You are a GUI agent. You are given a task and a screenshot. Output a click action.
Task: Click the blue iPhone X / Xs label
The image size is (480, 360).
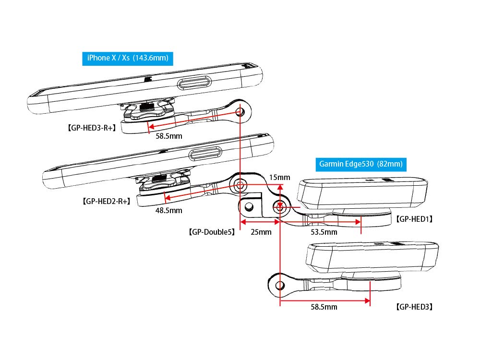pyautogui.click(x=128, y=59)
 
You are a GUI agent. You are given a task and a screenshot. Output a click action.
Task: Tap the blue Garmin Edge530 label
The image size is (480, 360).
pyautogui.click(x=361, y=164)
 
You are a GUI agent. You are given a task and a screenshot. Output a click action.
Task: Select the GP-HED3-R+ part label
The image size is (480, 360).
pyautogui.click(x=92, y=128)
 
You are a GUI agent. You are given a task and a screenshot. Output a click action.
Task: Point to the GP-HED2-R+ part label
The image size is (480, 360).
pyautogui.click(x=107, y=201)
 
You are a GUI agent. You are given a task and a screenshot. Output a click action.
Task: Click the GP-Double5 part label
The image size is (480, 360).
pyautogui.click(x=212, y=232)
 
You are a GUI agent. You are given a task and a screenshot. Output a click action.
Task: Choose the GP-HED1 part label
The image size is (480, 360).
pyautogui.click(x=414, y=219)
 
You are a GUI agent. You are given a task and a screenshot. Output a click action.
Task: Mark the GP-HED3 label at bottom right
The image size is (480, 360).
pyautogui.click(x=414, y=307)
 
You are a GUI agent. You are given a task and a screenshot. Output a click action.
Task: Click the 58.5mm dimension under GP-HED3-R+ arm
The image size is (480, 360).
pyautogui.click(x=169, y=136)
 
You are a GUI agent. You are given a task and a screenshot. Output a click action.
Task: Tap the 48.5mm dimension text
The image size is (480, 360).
pyautogui.click(x=168, y=210)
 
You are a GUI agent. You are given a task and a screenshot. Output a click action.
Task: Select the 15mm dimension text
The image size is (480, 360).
pyautogui.click(x=279, y=177)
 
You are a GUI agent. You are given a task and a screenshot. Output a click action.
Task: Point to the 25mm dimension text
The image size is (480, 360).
pyautogui.click(x=261, y=232)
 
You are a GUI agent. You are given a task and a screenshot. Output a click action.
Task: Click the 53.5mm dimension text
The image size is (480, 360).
pyautogui.click(x=324, y=232)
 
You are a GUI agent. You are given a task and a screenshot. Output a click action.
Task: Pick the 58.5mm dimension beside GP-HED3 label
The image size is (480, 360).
pyautogui.click(x=324, y=307)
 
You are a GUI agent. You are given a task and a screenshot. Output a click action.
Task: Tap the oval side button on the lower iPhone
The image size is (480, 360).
pyautogui.click(x=205, y=154)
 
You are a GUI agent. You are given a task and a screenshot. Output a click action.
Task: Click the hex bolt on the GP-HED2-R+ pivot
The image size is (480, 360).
pyautogui.click(x=240, y=185)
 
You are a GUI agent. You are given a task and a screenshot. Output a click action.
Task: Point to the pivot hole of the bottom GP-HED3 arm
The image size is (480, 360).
pyautogui.click(x=280, y=286)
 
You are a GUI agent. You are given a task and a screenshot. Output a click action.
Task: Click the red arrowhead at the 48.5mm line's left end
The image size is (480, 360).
pyautogui.click(x=168, y=197)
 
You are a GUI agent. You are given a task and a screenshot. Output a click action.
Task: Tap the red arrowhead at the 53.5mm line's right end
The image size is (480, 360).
pyautogui.click(x=358, y=222)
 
